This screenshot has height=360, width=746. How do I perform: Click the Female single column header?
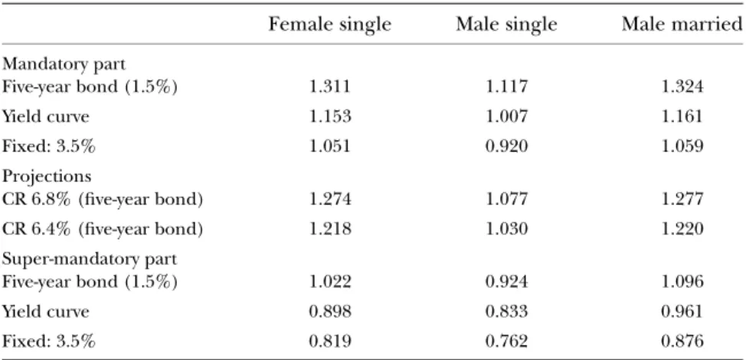pos(329,24)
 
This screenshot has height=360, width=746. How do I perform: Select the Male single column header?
pos(506,24)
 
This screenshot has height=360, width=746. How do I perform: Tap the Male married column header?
pos(682,24)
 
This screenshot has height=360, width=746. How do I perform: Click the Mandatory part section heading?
pos(64,64)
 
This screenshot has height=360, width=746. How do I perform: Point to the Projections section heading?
pos(47,176)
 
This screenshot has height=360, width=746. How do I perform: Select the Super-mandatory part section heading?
pos(90,260)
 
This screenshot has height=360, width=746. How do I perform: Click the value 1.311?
pos(329,87)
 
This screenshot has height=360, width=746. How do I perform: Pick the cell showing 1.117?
pos(506,87)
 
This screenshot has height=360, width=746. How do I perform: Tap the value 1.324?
pos(682,87)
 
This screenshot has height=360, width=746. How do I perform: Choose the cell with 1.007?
pos(506,116)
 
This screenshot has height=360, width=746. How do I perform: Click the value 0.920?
pos(506,146)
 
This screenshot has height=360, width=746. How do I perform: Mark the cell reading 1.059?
pos(682,146)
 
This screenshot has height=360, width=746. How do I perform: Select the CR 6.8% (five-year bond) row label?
pos(103,199)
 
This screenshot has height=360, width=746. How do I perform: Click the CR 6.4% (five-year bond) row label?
pos(103,229)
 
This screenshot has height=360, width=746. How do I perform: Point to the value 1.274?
pos(329,199)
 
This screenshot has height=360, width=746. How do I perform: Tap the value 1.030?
pos(506,229)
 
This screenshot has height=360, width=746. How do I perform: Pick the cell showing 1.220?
pos(682,229)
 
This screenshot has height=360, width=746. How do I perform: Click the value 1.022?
pos(329,282)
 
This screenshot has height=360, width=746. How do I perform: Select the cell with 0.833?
pos(506,312)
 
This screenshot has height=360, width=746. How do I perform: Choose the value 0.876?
pos(682,341)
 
